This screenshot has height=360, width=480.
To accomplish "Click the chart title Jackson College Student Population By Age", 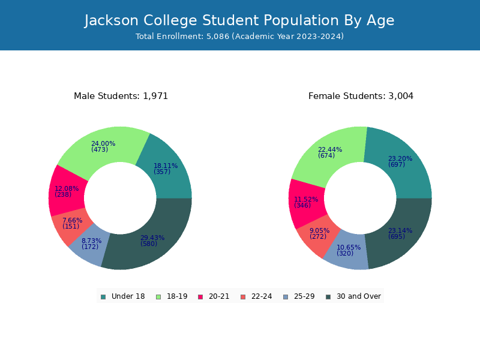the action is click(x=239, y=20).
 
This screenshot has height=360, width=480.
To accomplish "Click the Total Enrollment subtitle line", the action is click(x=239, y=37).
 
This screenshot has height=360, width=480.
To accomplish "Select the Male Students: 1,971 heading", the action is click(x=121, y=96).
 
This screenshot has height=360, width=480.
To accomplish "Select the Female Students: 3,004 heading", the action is click(x=361, y=96).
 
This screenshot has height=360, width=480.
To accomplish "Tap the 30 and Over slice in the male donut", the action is click(x=153, y=242).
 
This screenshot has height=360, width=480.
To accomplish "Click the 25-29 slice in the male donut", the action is click(x=90, y=245).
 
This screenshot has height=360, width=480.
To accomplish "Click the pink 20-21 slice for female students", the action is click(x=306, y=203).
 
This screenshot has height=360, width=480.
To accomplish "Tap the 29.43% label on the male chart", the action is click(x=152, y=238).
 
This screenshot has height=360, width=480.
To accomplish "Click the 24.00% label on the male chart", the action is click(x=103, y=143).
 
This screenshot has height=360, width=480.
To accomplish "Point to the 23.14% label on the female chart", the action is click(x=400, y=230).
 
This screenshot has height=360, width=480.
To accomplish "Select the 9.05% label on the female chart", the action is click(x=319, y=230).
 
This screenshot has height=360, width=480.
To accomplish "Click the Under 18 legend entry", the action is click(x=123, y=296).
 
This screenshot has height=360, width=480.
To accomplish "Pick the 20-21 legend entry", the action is click(x=214, y=296).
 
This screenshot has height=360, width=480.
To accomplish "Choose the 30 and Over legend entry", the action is click(x=353, y=296).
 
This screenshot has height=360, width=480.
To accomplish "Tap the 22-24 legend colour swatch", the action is click(x=243, y=297).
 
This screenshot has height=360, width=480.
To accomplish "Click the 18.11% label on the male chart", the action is click(x=166, y=166).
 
